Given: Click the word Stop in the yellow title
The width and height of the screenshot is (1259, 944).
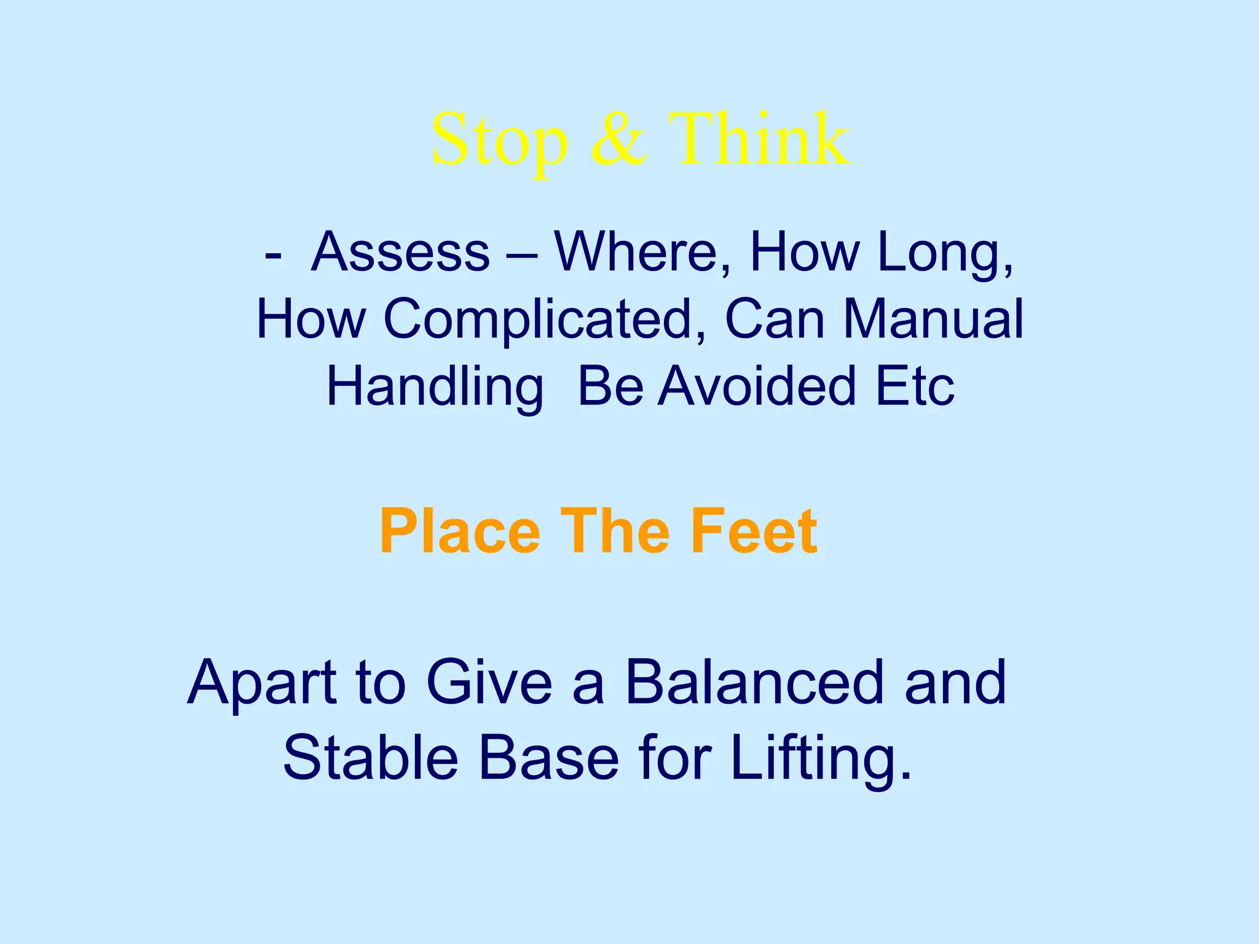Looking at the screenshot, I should point(499,140).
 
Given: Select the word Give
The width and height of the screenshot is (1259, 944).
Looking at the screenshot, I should point(489,682).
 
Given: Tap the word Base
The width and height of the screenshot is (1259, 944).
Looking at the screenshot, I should point(548,758).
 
